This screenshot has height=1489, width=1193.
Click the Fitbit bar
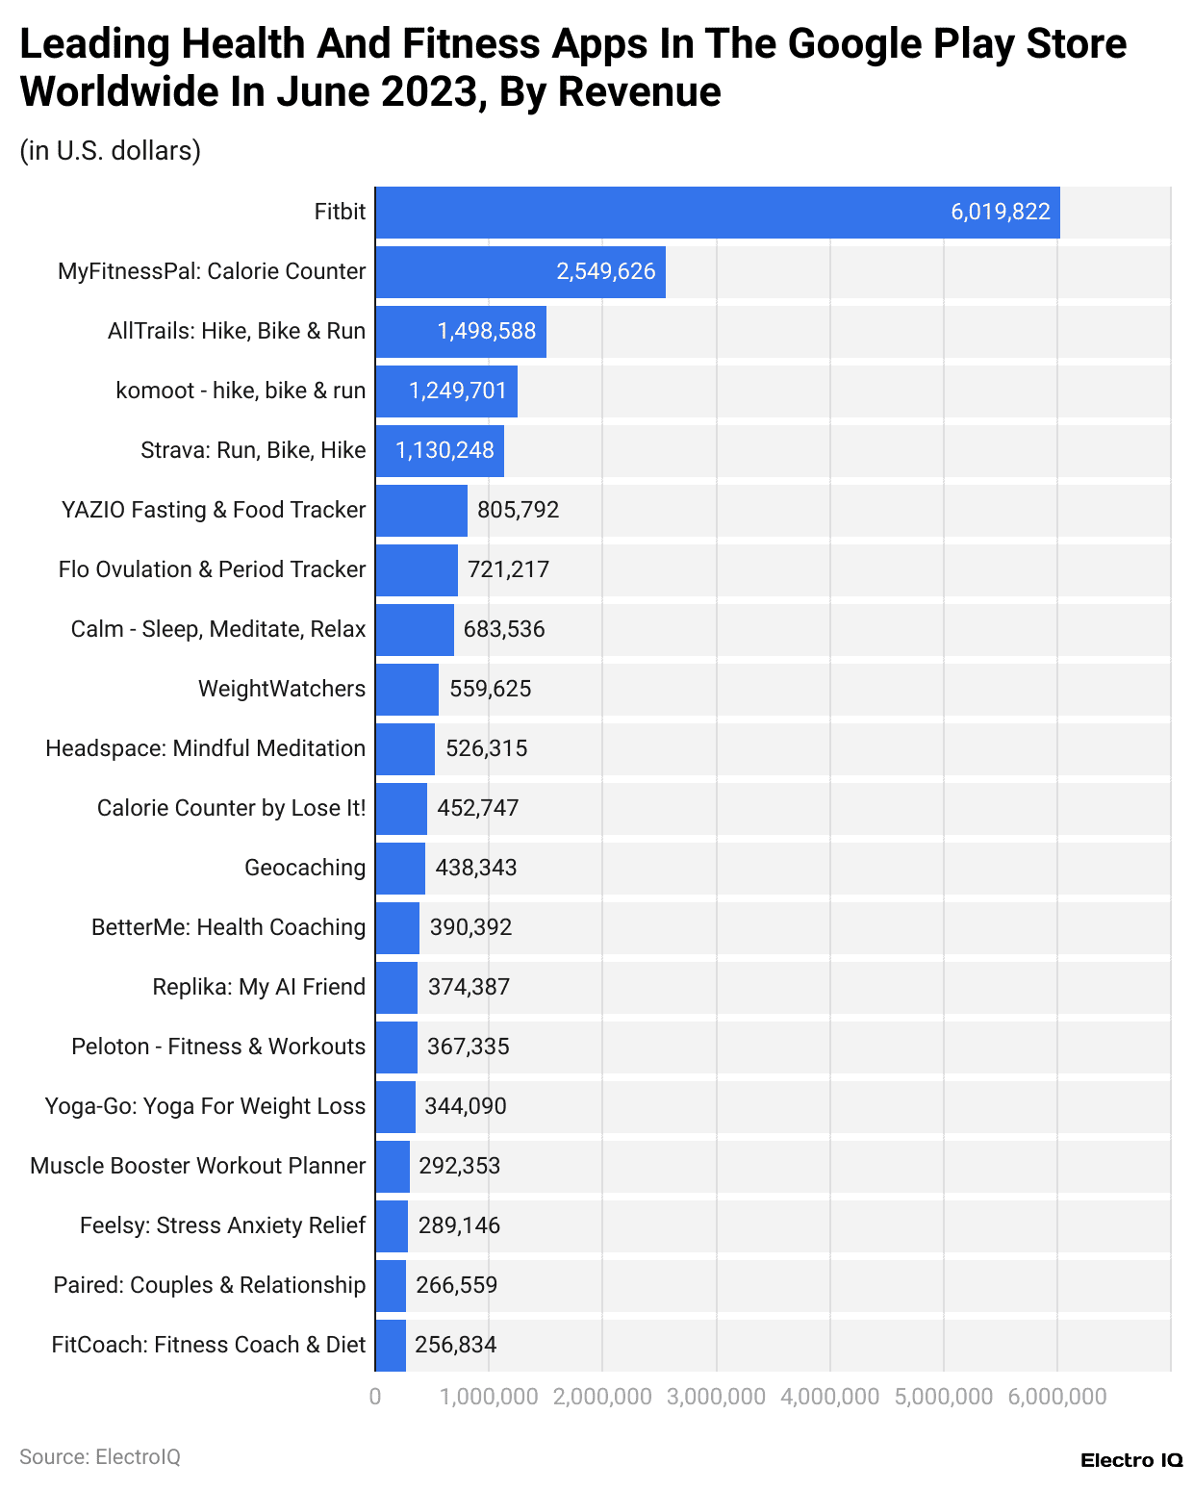[717, 213]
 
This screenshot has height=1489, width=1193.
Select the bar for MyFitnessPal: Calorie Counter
[520, 272]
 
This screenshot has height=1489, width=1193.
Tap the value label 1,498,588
[486, 332]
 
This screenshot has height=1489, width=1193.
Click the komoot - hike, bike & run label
[241, 391]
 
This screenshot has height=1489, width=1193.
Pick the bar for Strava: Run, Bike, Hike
[439, 451]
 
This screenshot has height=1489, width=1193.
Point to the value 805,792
[518, 510]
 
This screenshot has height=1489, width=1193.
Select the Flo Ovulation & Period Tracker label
[212, 569]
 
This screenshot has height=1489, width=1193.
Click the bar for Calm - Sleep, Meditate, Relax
[414, 630]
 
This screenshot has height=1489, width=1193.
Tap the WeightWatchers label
[282, 689]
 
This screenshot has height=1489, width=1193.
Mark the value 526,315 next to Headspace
[486, 748]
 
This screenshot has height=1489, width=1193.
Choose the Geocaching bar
[399, 869]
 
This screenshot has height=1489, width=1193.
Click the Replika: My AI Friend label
[259, 987]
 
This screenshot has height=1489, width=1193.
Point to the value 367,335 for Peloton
[468, 1047]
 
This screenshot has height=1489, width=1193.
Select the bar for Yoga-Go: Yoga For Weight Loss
[394, 1107]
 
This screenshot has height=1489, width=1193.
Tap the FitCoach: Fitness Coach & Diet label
[209, 1345]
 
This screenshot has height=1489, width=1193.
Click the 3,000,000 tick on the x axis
[716, 1397]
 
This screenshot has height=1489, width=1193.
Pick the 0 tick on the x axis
[375, 1397]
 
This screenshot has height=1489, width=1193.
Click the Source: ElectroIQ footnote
[100, 1457]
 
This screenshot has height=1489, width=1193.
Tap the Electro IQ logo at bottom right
[1130, 1460]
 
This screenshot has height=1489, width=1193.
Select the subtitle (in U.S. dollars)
[110, 151]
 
